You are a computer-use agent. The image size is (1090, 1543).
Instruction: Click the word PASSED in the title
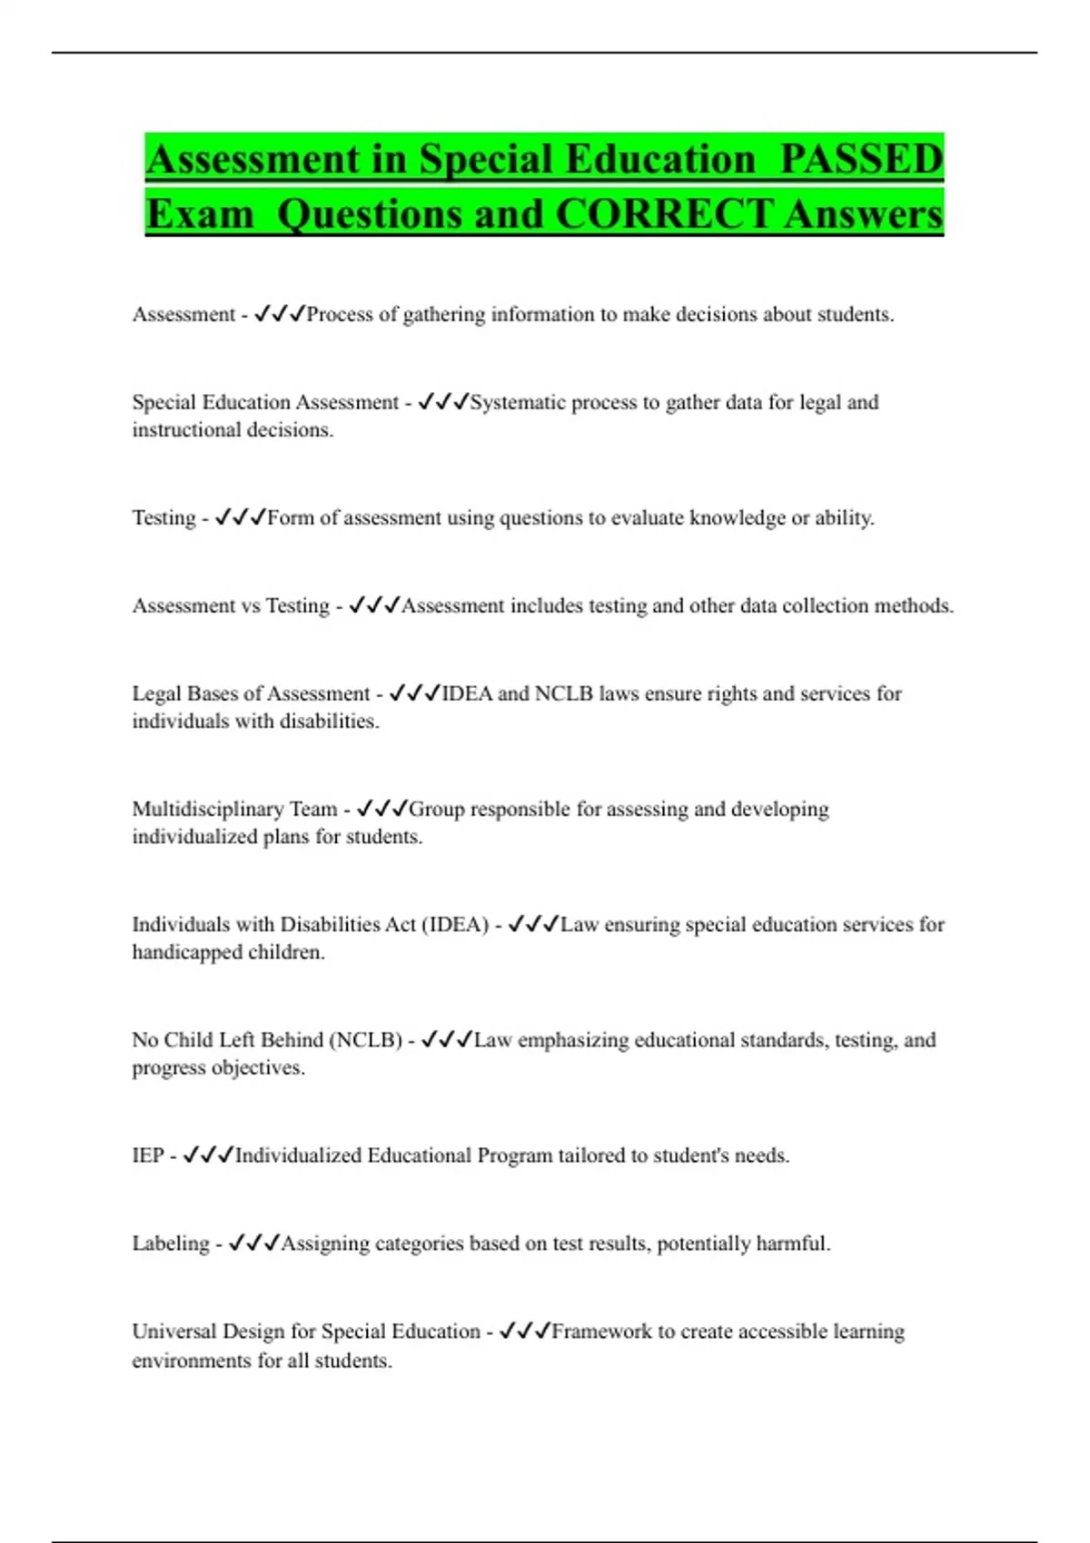click(x=861, y=159)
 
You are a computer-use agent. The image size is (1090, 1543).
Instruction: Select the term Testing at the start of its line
click(x=163, y=517)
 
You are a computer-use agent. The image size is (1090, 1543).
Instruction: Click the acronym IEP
click(x=148, y=1155)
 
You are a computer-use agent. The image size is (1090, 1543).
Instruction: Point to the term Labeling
click(x=171, y=1243)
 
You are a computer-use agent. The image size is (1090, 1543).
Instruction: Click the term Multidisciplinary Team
click(x=234, y=809)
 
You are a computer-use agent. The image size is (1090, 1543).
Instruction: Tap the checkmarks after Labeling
click(x=254, y=1243)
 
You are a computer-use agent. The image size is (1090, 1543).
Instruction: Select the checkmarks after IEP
click(x=208, y=1155)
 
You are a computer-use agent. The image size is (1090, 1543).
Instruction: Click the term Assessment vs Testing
click(x=231, y=605)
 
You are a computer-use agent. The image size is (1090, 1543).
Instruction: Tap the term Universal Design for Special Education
click(x=306, y=1332)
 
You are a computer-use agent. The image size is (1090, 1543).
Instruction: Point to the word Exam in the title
click(x=200, y=214)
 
